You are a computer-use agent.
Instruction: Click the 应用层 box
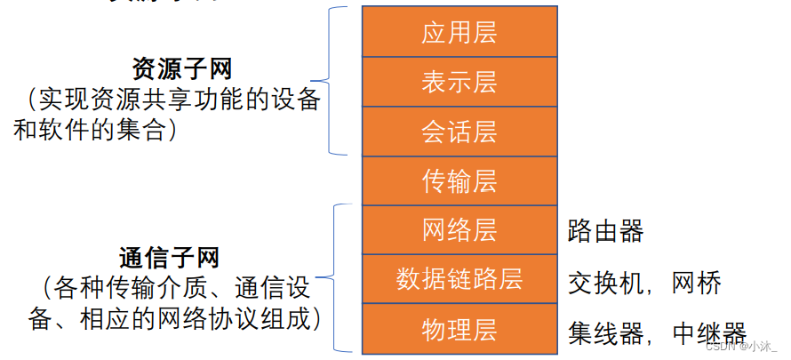pyautogui.click(x=459, y=32)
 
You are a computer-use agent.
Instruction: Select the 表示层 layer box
pyautogui.click(x=459, y=82)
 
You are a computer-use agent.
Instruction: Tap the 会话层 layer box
pyautogui.click(x=459, y=132)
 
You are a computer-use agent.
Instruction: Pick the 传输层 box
pyautogui.click(x=459, y=180)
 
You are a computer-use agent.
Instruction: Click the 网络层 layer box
pyautogui.click(x=459, y=230)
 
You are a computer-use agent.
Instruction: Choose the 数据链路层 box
pyautogui.click(x=459, y=279)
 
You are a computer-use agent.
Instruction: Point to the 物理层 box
pyautogui.click(x=459, y=329)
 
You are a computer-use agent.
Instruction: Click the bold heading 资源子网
pyautogui.click(x=169, y=69)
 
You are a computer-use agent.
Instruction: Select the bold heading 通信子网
pyautogui.click(x=169, y=258)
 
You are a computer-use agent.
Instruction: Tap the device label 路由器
pyautogui.click(x=605, y=232)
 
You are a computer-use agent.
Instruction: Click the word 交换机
pyautogui.click(x=605, y=283)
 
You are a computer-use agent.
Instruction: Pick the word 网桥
pyautogui.click(x=697, y=283)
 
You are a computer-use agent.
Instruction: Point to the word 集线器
pyautogui.click(x=605, y=332)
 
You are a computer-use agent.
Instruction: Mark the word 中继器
pyautogui.click(x=709, y=332)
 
